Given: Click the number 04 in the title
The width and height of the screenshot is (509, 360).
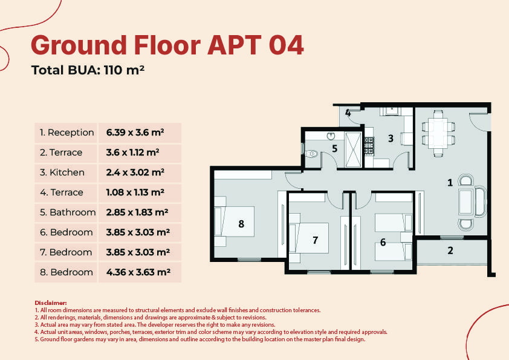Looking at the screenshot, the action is click(x=286, y=45).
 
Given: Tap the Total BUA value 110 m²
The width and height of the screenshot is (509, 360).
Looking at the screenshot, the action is click(x=124, y=70).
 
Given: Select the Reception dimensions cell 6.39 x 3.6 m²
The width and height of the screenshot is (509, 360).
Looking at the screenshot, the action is click(x=135, y=133).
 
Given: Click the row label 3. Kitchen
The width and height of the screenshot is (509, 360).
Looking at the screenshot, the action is click(x=62, y=172).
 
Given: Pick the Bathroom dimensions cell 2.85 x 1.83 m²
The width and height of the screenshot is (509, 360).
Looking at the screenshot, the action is click(x=137, y=212).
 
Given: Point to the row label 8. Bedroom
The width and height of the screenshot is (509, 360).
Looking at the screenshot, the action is click(x=66, y=272).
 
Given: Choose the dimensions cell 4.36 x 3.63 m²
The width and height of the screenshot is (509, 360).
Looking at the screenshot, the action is click(x=138, y=272).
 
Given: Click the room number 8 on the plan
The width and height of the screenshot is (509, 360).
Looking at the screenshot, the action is click(x=241, y=224).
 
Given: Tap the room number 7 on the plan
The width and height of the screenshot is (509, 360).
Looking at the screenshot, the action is click(x=315, y=240).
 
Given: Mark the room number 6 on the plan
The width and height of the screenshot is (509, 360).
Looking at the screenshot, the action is click(x=383, y=242).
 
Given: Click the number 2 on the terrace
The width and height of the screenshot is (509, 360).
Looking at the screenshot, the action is click(x=450, y=250).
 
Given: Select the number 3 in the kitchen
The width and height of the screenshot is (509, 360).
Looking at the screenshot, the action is click(x=391, y=139).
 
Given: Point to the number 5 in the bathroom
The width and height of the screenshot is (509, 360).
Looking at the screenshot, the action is click(x=335, y=148).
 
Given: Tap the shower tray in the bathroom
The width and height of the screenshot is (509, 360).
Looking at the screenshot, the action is click(x=353, y=150).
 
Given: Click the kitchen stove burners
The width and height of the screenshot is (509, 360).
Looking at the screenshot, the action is click(x=369, y=146).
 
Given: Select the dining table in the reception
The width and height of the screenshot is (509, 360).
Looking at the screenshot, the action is click(x=438, y=133).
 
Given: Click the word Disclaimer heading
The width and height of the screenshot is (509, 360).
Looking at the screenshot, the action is click(x=51, y=303).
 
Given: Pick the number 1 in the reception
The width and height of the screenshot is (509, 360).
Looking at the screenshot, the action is click(x=450, y=183).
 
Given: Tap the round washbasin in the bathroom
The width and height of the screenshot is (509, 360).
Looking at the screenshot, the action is click(x=331, y=136).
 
